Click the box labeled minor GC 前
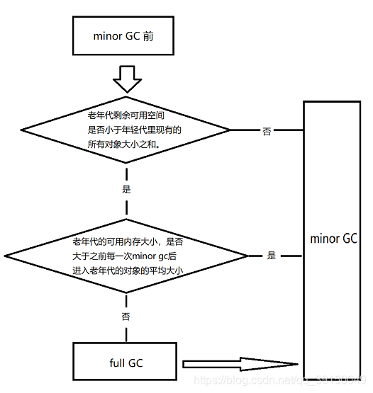(x=123, y=35)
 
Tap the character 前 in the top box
(x=147, y=35)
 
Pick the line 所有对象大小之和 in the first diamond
(x=125, y=143)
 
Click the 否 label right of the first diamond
(x=267, y=132)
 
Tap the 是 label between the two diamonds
(x=127, y=189)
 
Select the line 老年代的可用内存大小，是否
(x=126, y=241)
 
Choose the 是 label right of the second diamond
(x=272, y=256)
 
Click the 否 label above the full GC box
(x=126, y=317)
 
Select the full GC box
(x=126, y=363)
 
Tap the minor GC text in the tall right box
(x=333, y=238)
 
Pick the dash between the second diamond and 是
(x=255, y=256)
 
